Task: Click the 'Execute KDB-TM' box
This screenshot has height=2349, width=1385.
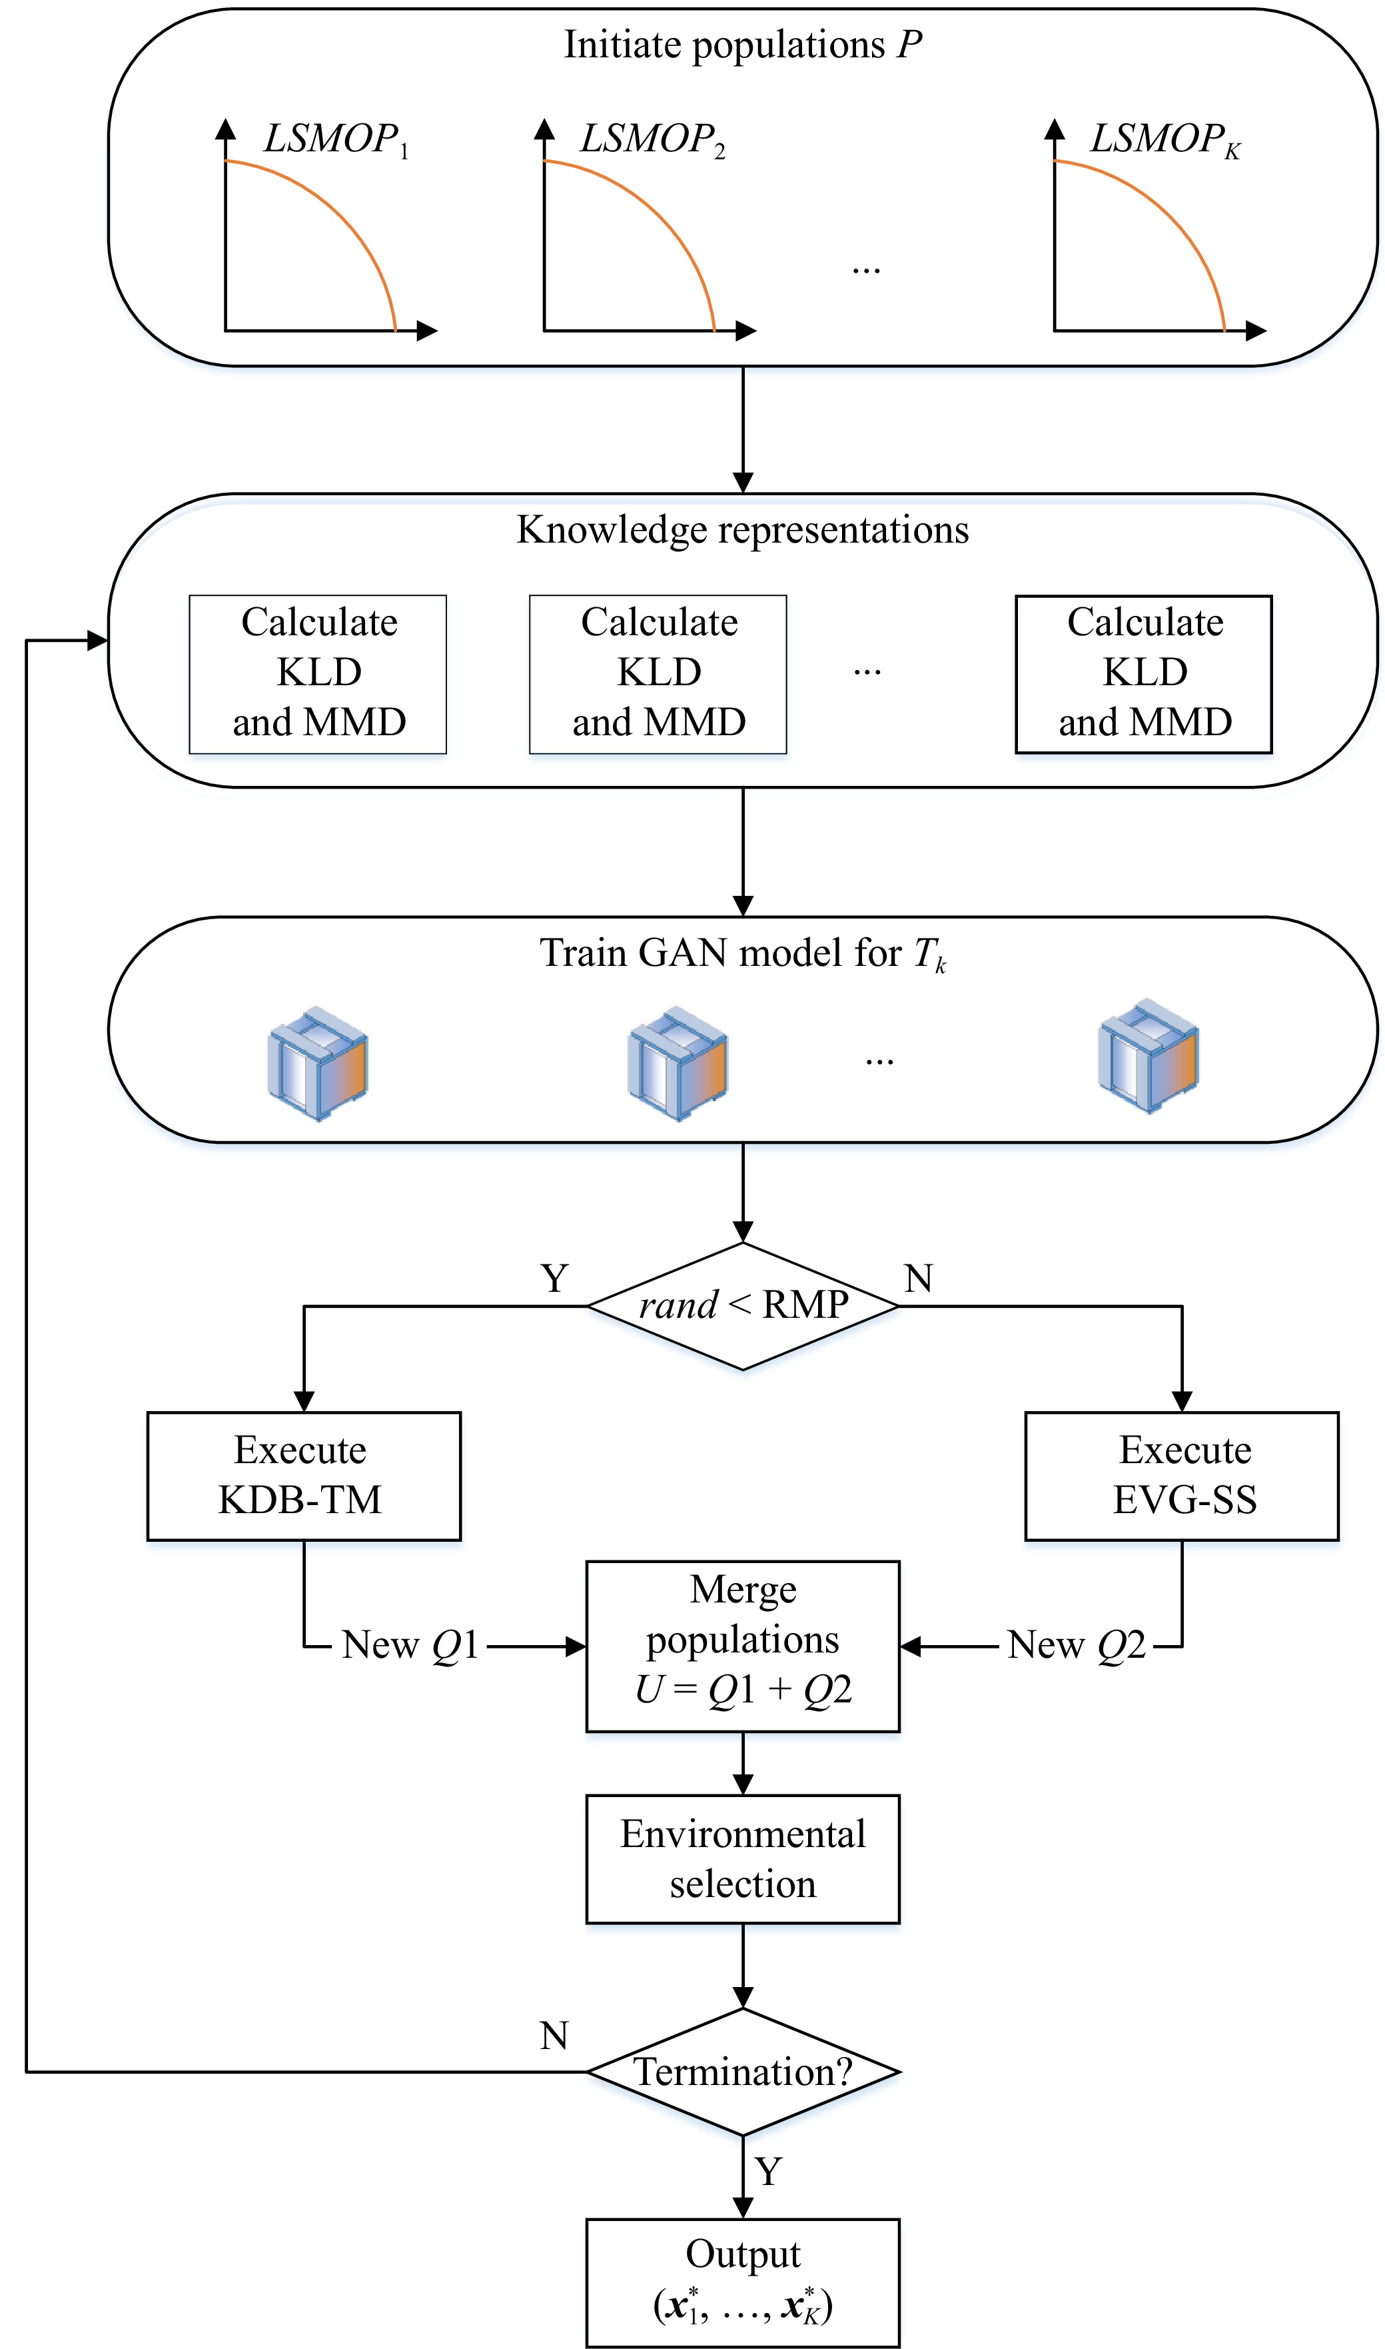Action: tap(303, 1475)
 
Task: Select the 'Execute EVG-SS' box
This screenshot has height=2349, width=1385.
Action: tap(1182, 1475)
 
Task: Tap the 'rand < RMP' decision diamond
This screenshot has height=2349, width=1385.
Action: tap(743, 1305)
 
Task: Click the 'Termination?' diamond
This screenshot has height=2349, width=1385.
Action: tap(743, 2072)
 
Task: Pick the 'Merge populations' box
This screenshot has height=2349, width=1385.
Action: tap(743, 1645)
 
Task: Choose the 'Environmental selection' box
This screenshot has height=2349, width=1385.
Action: tap(743, 1859)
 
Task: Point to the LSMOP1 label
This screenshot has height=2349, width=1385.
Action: tap(336, 140)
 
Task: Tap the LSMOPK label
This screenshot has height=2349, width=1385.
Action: tap(1164, 140)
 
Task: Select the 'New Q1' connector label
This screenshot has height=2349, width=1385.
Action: tap(410, 1645)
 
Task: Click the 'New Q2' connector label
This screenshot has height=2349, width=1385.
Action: tap(1076, 1645)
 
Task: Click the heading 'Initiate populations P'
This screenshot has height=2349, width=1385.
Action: tap(743, 45)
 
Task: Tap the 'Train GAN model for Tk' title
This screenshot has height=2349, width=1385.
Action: tap(743, 954)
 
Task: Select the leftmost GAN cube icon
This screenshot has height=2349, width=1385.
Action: tap(317, 1063)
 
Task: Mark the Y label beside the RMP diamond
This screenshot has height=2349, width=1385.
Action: tap(554, 1278)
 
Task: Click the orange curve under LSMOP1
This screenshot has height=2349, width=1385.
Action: tap(344, 215)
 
